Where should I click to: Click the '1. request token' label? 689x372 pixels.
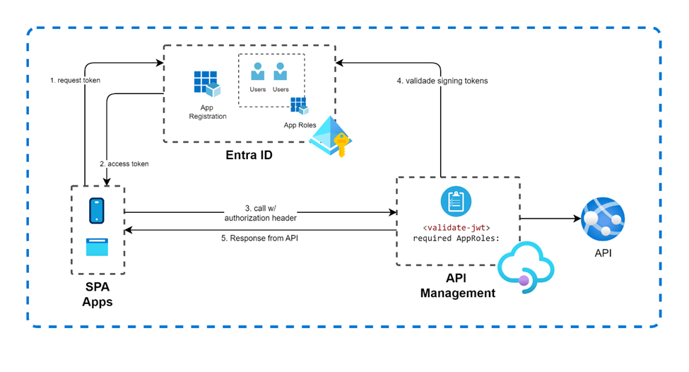pyautogui.click(x=75, y=80)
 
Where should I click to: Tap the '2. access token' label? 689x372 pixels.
pyautogui.click(x=124, y=163)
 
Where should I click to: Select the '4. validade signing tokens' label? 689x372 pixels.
pyautogui.click(x=442, y=81)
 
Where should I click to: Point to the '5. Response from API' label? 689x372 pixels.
pyautogui.click(x=259, y=238)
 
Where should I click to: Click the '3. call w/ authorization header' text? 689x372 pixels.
pyautogui.click(x=261, y=213)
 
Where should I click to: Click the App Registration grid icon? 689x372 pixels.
pyautogui.click(x=207, y=83)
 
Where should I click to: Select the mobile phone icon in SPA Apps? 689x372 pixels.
pyautogui.click(x=97, y=211)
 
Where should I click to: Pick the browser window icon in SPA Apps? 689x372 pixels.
pyautogui.click(x=97, y=247)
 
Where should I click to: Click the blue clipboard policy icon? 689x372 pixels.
pyautogui.click(x=456, y=202)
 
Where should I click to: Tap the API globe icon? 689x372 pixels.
pyautogui.click(x=603, y=219)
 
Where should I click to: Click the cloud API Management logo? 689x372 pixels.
pyautogui.click(x=526, y=267)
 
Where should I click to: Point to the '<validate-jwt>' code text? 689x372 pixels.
pyautogui.click(x=456, y=228)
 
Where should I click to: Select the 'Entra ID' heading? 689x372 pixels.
pyautogui.click(x=249, y=155)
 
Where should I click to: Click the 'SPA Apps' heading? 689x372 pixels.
pyautogui.click(x=98, y=294)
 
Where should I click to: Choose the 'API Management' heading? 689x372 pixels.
pyautogui.click(x=457, y=286)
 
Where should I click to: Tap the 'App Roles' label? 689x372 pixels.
pyautogui.click(x=300, y=125)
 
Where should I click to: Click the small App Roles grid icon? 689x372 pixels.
pyautogui.click(x=299, y=106)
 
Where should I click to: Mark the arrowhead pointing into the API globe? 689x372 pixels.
pyautogui.click(x=577, y=218)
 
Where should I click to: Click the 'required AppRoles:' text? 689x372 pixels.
pyautogui.click(x=456, y=238)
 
